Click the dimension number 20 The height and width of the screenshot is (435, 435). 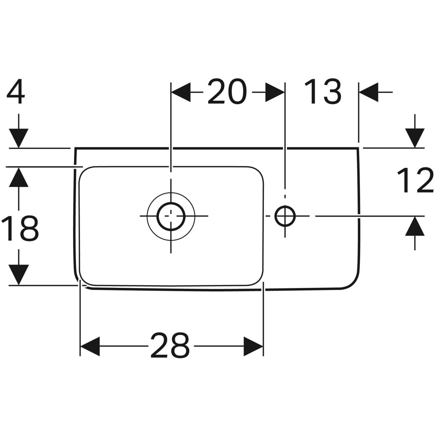227,92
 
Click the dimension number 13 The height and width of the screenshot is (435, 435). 323,92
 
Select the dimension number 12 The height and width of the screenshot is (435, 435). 415,180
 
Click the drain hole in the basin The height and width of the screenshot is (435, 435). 171,216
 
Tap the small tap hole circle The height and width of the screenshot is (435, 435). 285,216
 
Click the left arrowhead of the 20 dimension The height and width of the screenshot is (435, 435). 181,92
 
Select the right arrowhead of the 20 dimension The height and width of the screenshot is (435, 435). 275,92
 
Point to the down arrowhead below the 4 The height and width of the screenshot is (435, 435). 19,138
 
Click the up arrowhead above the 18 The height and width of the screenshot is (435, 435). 19,177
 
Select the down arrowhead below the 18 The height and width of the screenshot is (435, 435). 19,274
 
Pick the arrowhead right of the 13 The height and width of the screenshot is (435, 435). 368,92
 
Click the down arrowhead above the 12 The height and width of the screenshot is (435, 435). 415,138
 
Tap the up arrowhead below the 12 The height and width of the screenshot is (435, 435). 415,226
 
